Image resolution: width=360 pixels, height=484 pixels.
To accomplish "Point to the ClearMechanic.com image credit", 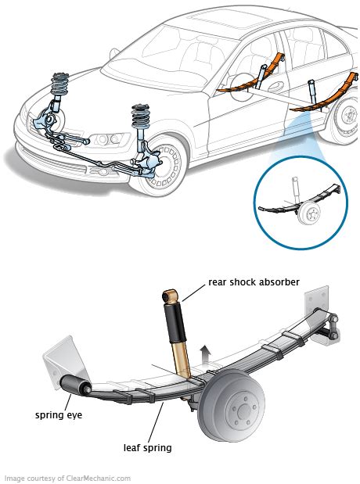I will [67, 478].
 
